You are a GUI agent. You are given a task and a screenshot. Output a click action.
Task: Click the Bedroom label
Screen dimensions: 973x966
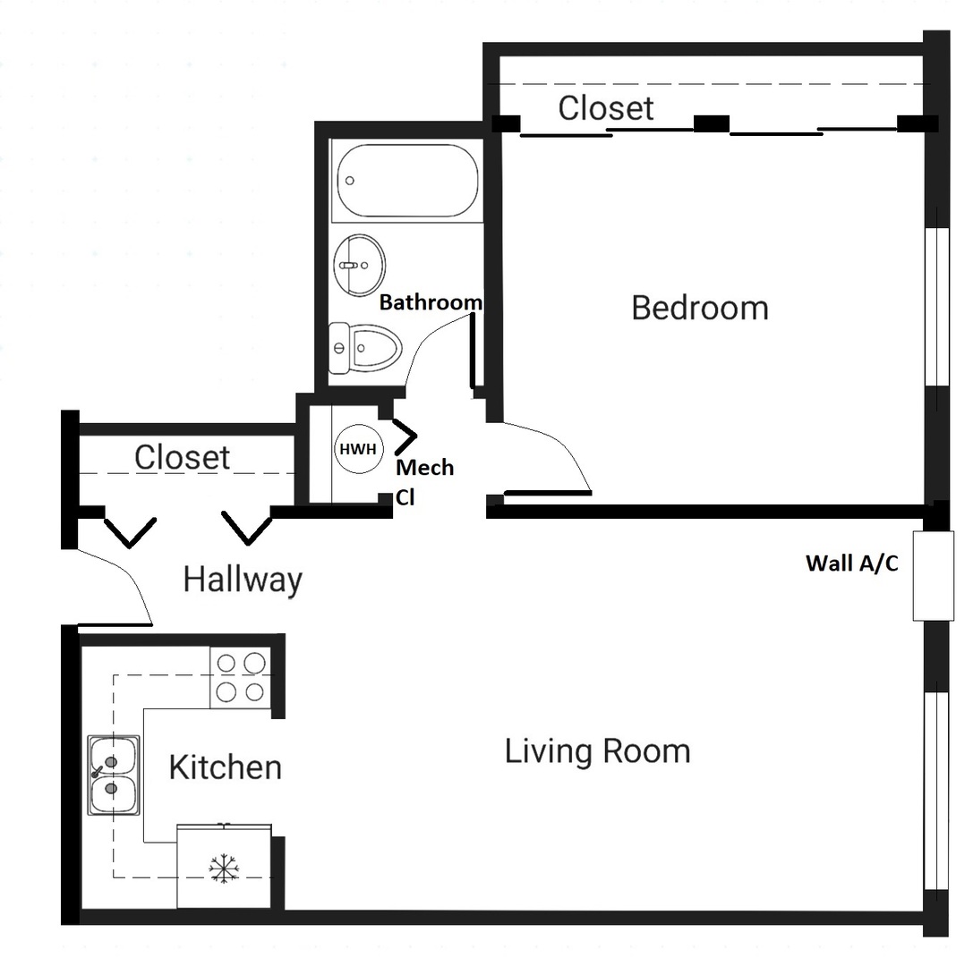[x=699, y=309]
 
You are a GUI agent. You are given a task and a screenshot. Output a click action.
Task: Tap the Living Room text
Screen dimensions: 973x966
[x=598, y=751]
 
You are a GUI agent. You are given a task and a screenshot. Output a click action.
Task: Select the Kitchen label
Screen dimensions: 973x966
[x=226, y=767]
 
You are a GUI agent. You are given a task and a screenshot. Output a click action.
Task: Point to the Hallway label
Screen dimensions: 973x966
[x=243, y=580]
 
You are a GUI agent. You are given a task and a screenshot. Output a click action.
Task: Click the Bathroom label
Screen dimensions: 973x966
[x=431, y=302]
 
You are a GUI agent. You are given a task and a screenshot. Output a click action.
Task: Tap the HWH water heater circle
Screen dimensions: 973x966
[x=359, y=449]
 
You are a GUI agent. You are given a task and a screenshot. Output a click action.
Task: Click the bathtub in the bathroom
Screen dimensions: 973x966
[x=407, y=181]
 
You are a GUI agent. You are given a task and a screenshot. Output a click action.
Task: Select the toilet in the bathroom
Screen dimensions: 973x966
[x=365, y=348]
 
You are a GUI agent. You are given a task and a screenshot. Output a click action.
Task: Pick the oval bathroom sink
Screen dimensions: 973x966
[x=359, y=265]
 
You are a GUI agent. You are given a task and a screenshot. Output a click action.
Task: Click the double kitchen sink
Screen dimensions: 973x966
[x=114, y=775]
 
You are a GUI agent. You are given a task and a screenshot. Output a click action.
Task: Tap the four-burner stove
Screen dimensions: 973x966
[x=240, y=678]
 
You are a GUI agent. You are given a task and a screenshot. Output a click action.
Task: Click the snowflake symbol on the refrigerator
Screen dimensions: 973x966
[x=224, y=868]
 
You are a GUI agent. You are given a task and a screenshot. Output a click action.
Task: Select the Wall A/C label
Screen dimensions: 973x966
[x=852, y=563]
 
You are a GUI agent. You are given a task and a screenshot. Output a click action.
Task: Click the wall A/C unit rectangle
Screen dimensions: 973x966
[x=933, y=575]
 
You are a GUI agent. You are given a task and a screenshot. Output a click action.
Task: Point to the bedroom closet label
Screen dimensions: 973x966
[x=606, y=108]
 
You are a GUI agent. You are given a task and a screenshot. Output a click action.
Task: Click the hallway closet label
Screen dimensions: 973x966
[x=182, y=458]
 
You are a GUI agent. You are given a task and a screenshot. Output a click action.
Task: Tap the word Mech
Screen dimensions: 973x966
[x=425, y=468]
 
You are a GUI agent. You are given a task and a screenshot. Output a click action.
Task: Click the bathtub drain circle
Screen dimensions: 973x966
[x=350, y=181]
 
